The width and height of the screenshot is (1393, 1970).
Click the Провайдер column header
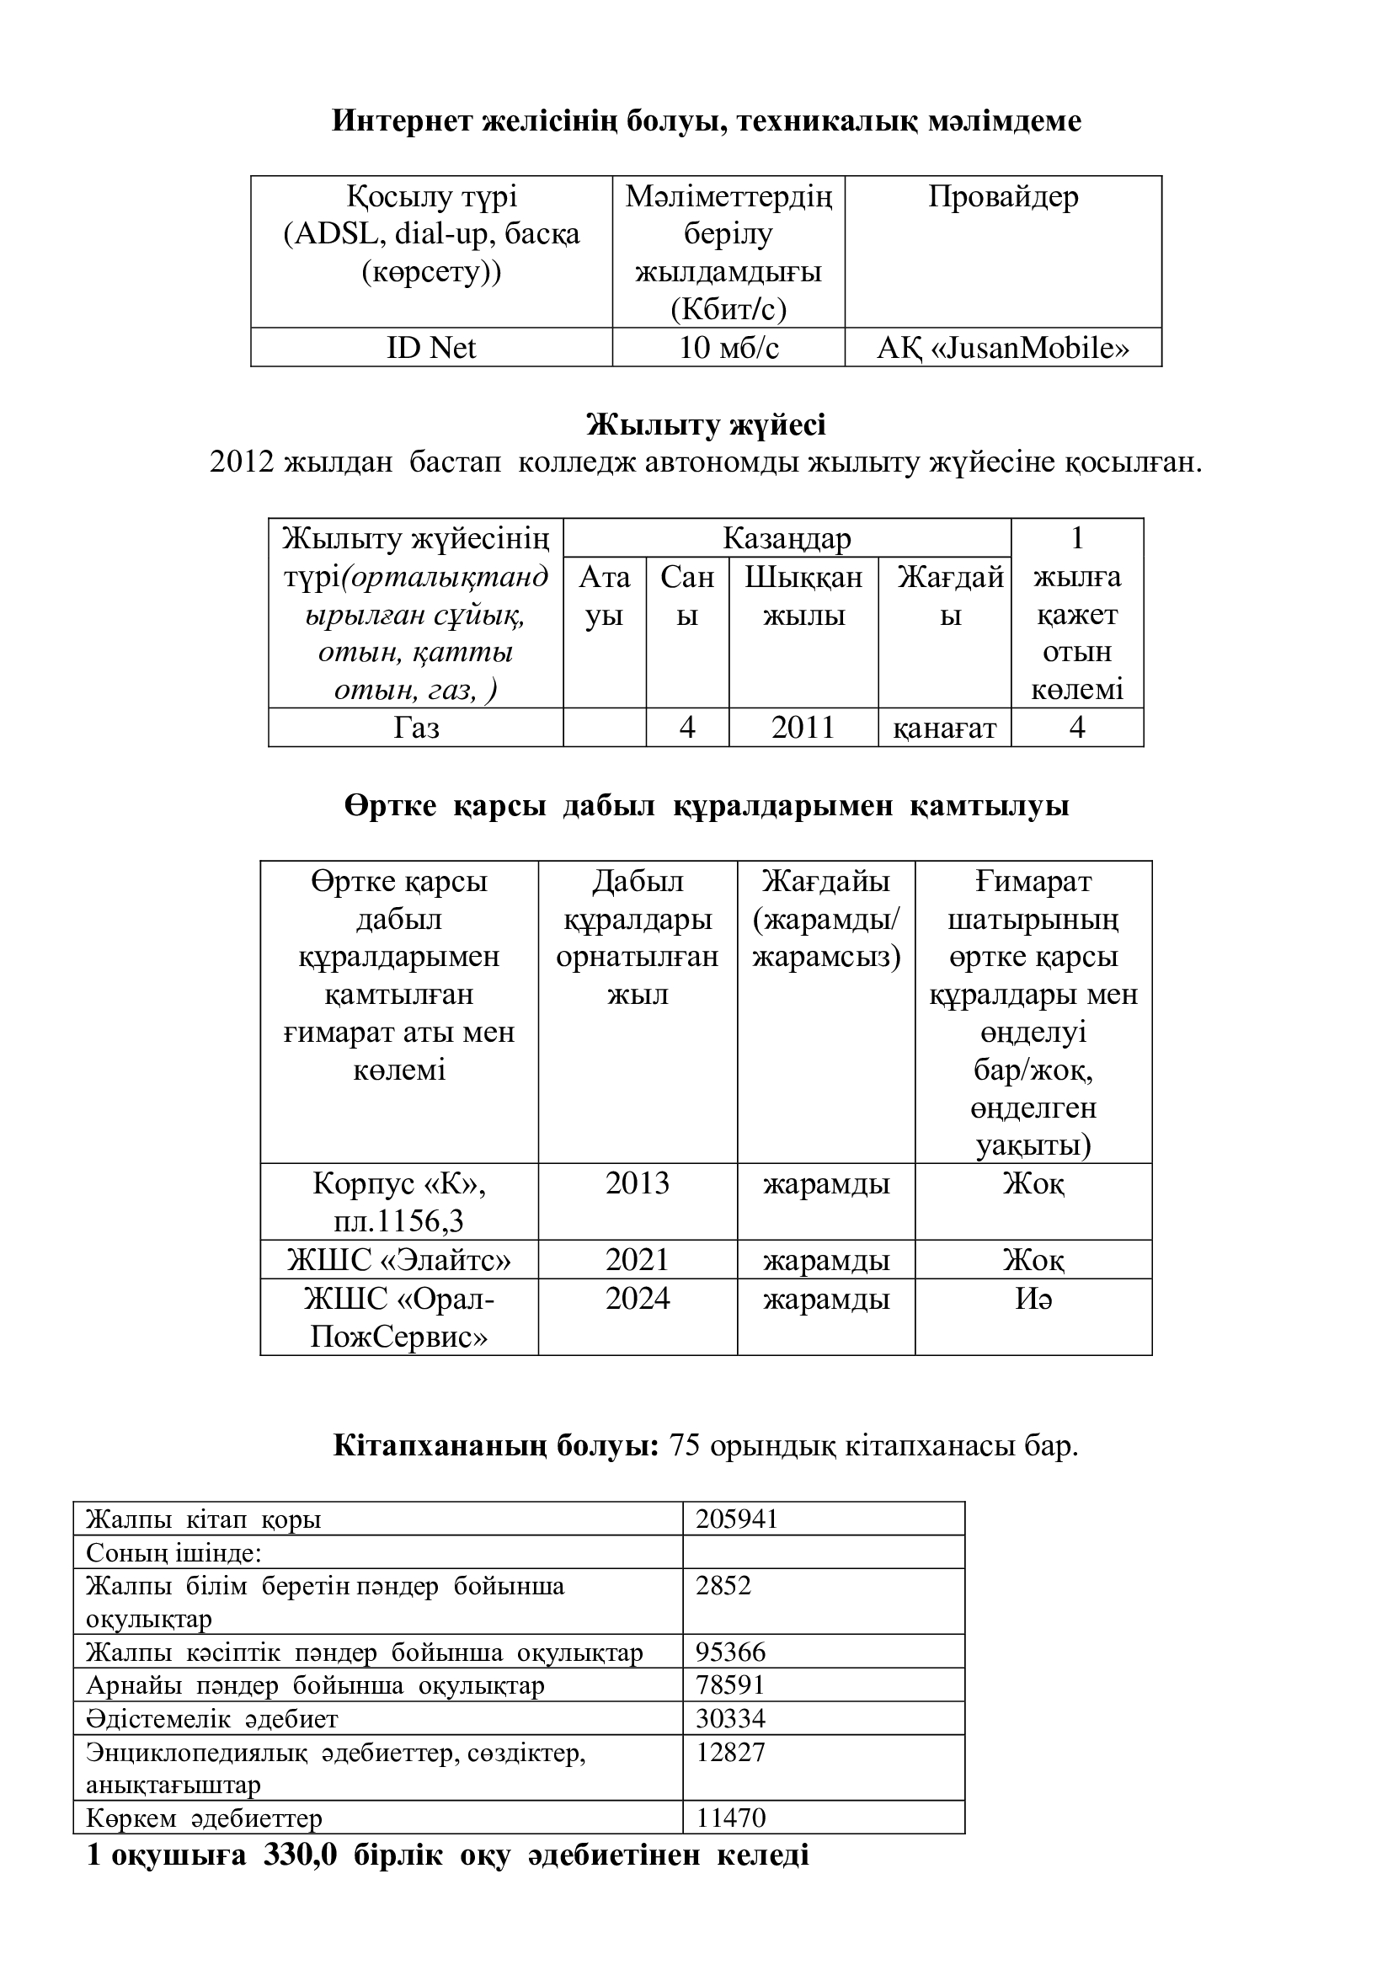point(1003,197)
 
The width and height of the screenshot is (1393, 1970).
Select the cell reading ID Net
point(430,348)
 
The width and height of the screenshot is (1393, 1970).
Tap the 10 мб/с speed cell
point(729,348)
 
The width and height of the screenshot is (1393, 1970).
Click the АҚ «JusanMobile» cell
point(1003,348)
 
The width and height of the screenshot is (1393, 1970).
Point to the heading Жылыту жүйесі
point(706,424)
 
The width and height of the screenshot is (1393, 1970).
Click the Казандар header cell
point(787,538)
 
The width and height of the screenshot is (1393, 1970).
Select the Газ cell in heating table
point(416,728)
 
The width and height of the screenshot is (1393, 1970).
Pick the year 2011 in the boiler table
point(803,728)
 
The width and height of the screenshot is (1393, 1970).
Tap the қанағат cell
point(944,729)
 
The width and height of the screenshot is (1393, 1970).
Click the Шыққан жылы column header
point(803,595)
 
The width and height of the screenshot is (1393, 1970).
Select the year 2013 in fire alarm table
point(638,1184)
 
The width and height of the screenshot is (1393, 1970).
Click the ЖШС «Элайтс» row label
point(399,1261)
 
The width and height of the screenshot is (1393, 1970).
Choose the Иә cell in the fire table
point(1033,1299)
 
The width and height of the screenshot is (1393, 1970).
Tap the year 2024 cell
point(638,1299)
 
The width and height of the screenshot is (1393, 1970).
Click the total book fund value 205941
point(736,1519)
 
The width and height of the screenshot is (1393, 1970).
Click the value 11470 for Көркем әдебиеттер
point(731,1818)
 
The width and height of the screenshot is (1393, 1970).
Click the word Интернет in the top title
point(402,121)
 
